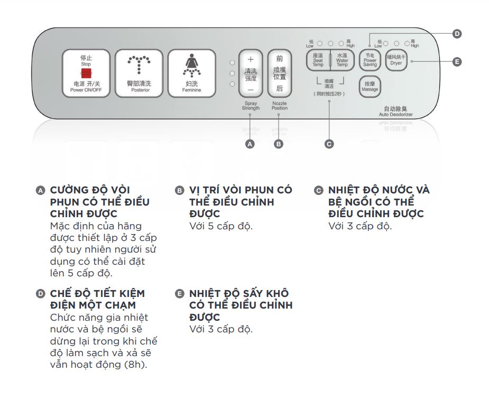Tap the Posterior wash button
pyautogui.click(x=140, y=73)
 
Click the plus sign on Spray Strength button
pyautogui.click(x=251, y=60)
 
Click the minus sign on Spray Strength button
pyautogui.click(x=251, y=89)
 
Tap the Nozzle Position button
pyautogui.click(x=279, y=74)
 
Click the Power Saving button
pyautogui.click(x=370, y=60)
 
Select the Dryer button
pyautogui.click(x=396, y=60)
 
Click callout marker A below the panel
pyautogui.click(x=251, y=144)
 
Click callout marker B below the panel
pyautogui.click(x=279, y=144)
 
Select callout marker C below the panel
pyautogui.click(x=329, y=144)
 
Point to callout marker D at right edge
pyautogui.click(x=457, y=34)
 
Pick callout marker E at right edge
pyautogui.click(x=457, y=62)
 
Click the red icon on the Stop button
pyautogui.click(x=86, y=74)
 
